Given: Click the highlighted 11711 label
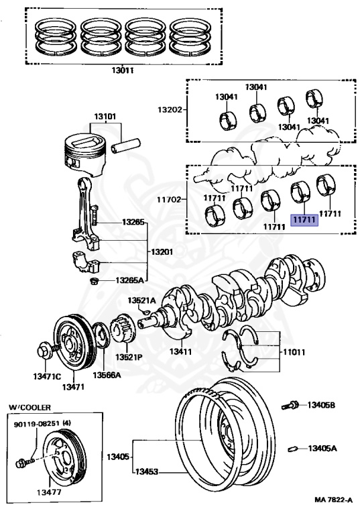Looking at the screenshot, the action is (304, 220).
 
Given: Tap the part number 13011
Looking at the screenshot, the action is (122, 70).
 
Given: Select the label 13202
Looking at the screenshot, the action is (170, 109).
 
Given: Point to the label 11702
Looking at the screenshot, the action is (169, 199).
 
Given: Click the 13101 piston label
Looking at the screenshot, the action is (105, 116).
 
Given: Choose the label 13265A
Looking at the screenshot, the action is (130, 280).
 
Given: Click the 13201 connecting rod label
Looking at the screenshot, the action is (162, 252).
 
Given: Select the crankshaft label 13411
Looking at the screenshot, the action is (180, 351).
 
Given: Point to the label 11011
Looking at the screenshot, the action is (294, 352).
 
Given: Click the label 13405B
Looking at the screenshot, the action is (321, 405).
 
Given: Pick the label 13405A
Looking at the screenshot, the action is (322, 448).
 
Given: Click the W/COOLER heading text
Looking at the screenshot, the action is (30, 407).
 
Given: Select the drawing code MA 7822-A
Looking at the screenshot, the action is (333, 500).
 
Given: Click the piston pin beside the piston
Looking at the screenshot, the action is (126, 146).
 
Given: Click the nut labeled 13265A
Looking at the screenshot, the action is (95, 281).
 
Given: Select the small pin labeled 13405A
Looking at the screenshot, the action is (293, 449).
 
